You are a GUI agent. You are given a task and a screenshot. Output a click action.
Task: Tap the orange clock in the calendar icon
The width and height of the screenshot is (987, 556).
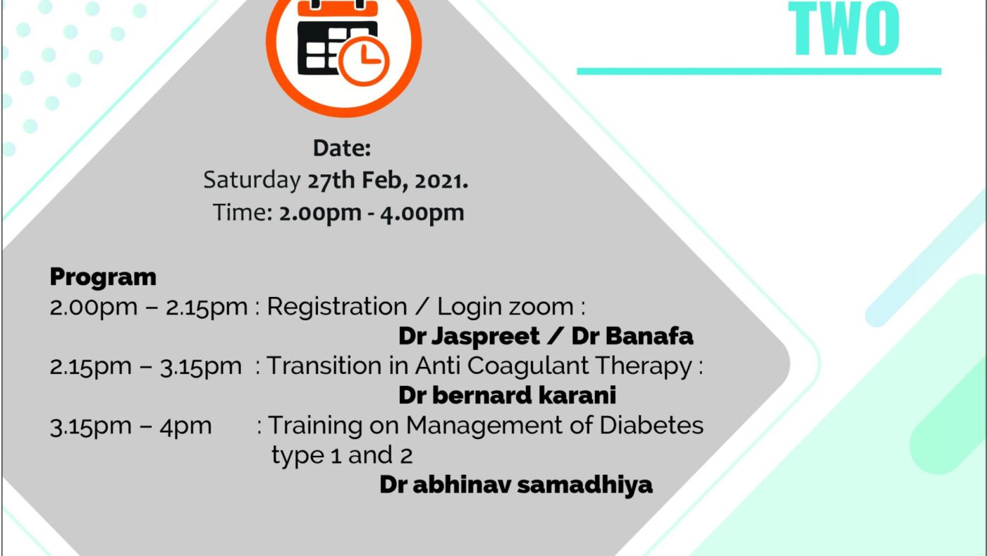pyautogui.click(x=364, y=61)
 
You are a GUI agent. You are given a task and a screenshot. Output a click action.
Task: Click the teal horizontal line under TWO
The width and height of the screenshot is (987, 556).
pyautogui.click(x=759, y=71)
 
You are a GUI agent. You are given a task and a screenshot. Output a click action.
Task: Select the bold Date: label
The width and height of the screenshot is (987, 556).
pyautogui.click(x=342, y=148)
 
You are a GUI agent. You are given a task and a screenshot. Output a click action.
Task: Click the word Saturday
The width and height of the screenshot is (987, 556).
pyautogui.click(x=252, y=180)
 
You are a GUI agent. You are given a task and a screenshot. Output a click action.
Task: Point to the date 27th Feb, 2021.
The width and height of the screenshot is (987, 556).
pyautogui.click(x=388, y=181)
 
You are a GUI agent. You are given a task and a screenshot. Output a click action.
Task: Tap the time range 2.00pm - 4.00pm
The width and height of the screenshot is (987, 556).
pyautogui.click(x=372, y=213)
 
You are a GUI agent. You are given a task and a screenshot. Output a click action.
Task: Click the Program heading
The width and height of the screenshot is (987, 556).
pyautogui.click(x=103, y=277)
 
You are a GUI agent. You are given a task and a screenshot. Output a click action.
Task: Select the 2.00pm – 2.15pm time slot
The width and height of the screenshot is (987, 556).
pyautogui.click(x=149, y=307)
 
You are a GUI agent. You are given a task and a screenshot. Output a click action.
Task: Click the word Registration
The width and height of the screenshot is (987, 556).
pyautogui.click(x=337, y=306)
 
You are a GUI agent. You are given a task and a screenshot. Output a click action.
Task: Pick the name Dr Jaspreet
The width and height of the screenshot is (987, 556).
pyautogui.click(x=470, y=337)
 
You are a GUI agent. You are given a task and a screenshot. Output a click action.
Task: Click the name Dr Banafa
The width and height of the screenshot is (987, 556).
pyautogui.click(x=632, y=336)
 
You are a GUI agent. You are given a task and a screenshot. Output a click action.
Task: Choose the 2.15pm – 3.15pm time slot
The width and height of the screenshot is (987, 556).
pyautogui.click(x=146, y=366)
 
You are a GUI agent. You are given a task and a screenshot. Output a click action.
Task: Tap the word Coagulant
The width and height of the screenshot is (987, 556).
pyautogui.click(x=528, y=366)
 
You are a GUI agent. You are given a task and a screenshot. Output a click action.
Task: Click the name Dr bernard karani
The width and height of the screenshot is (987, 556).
pyautogui.click(x=507, y=395)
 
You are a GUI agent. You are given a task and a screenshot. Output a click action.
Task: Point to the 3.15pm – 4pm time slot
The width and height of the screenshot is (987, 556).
pyautogui.click(x=131, y=426)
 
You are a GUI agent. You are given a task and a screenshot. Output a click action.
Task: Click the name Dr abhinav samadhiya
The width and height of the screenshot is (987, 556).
pyautogui.click(x=516, y=485)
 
